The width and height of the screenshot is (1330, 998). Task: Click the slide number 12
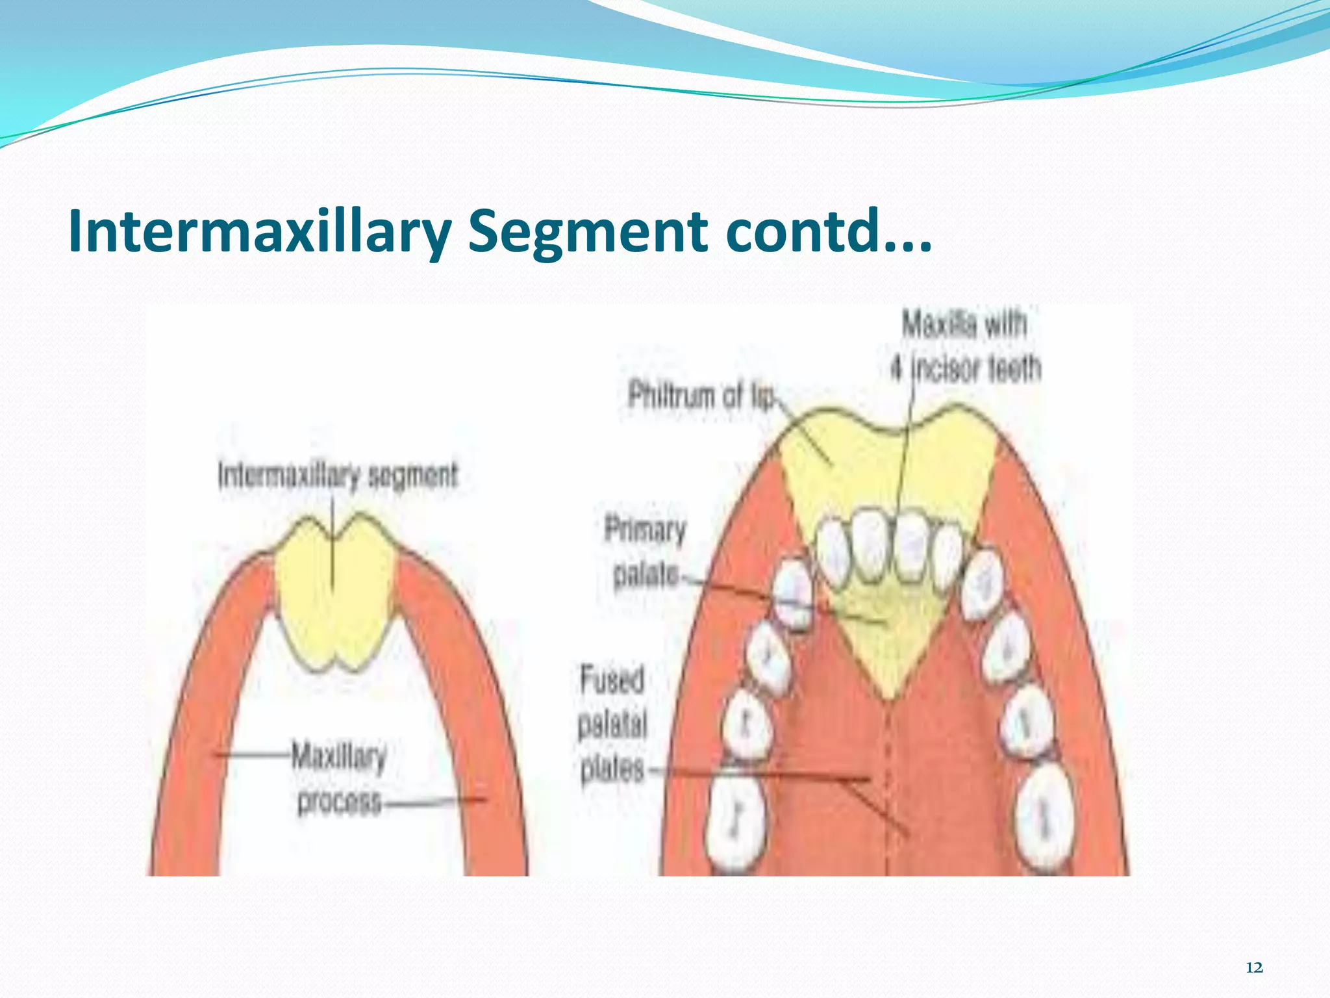point(1255,967)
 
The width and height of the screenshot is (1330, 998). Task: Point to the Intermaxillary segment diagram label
point(338,476)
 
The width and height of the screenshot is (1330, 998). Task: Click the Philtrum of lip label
point(701,395)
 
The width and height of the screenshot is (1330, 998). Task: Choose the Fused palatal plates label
point(612,724)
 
